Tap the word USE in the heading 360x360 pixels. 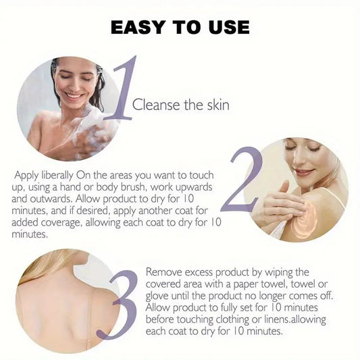pyautogui.click(x=229, y=27)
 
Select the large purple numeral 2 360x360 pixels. pyautogui.click(x=242, y=179)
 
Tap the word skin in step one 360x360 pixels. pyautogui.click(x=218, y=105)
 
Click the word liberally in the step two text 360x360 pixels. pyautogui.click(x=57, y=176)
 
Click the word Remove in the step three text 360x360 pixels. pyautogui.click(x=164, y=272)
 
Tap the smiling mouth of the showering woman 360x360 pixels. pyautogui.click(x=73, y=95)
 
